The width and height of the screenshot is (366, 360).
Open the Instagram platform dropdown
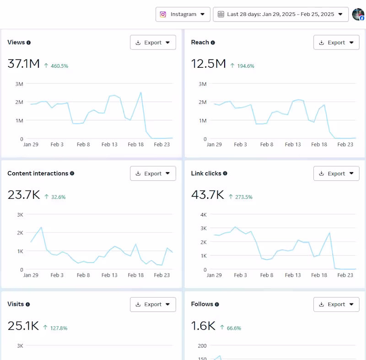pos(183,14)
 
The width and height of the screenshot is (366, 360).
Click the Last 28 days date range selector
pos(280,14)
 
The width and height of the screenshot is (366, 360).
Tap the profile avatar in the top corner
pos(358,14)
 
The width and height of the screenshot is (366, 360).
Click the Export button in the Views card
pos(153,43)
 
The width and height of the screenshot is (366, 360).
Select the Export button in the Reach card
pos(336,43)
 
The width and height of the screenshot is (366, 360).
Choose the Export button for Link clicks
pos(336,174)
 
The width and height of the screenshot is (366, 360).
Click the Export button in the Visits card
pos(153,305)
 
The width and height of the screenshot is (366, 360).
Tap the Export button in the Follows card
pos(336,305)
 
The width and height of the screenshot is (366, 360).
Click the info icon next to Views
pos(28,43)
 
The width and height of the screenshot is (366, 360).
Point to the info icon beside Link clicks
pos(225,174)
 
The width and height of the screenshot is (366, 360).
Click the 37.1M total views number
pos(24,64)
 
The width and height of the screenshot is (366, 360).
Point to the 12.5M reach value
pos(208,64)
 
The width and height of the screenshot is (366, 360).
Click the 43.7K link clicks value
pos(207,195)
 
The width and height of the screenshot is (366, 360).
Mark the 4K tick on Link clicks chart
pos(204,214)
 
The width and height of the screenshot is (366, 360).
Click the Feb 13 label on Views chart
pos(109,144)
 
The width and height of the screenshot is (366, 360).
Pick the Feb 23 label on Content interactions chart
pos(162,275)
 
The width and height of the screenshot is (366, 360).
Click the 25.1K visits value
pos(23,326)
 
